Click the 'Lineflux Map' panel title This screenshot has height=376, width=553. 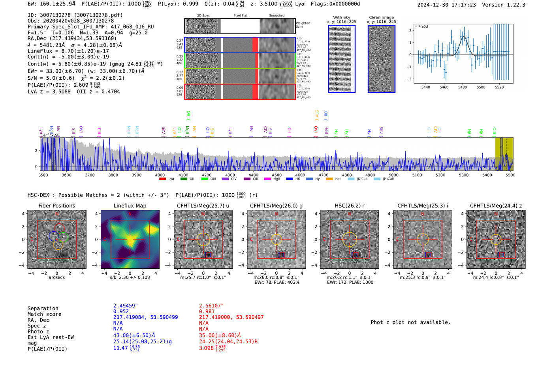pos(130,206)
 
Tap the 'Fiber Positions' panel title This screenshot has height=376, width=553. pos(56,206)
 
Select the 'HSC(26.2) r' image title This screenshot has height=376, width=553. pos(349,206)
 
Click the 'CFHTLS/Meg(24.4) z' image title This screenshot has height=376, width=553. pos(496,206)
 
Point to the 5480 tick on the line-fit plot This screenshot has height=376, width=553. pos(462,87)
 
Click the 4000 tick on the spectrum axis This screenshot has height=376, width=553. pos(160,175)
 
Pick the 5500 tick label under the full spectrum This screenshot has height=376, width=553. pos(510,175)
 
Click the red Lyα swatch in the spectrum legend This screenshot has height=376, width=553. pos(162,179)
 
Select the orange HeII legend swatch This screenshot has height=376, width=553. pos(329,179)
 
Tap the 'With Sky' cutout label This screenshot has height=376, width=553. pos(341,17)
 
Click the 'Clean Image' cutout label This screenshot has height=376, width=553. pos(381,17)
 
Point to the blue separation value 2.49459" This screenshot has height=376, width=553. pos(126,306)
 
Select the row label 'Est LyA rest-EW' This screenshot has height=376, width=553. pos(51,337)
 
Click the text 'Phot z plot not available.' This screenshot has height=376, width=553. pos(410,322)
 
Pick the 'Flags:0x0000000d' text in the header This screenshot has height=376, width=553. pos(335,4)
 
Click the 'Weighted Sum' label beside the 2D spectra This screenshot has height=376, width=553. pos(303,25)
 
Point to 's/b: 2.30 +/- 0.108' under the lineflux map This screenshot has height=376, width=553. pos(130,277)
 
